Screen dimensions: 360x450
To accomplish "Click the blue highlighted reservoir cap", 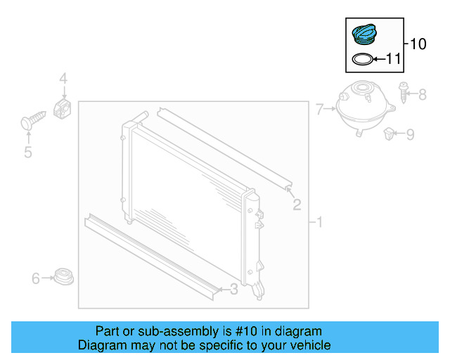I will click(x=364, y=34).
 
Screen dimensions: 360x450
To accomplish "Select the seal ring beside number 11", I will click(x=361, y=59).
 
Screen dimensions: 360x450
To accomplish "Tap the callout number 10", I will click(x=417, y=44).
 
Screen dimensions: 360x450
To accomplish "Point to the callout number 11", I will click(x=392, y=59).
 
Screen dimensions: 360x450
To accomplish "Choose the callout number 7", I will click(x=320, y=109).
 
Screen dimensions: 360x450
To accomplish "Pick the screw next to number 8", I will click(x=404, y=93).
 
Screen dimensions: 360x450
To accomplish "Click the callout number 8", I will click(x=422, y=94).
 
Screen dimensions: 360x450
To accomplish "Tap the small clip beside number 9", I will click(x=389, y=132).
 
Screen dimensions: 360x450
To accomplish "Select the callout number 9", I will click(x=410, y=133).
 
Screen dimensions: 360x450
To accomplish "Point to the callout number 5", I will click(x=28, y=152).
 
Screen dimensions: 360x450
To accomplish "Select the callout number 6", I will click(x=36, y=279).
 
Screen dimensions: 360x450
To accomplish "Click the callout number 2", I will click(x=297, y=204).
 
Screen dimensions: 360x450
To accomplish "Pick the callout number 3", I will click(x=233, y=288).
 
